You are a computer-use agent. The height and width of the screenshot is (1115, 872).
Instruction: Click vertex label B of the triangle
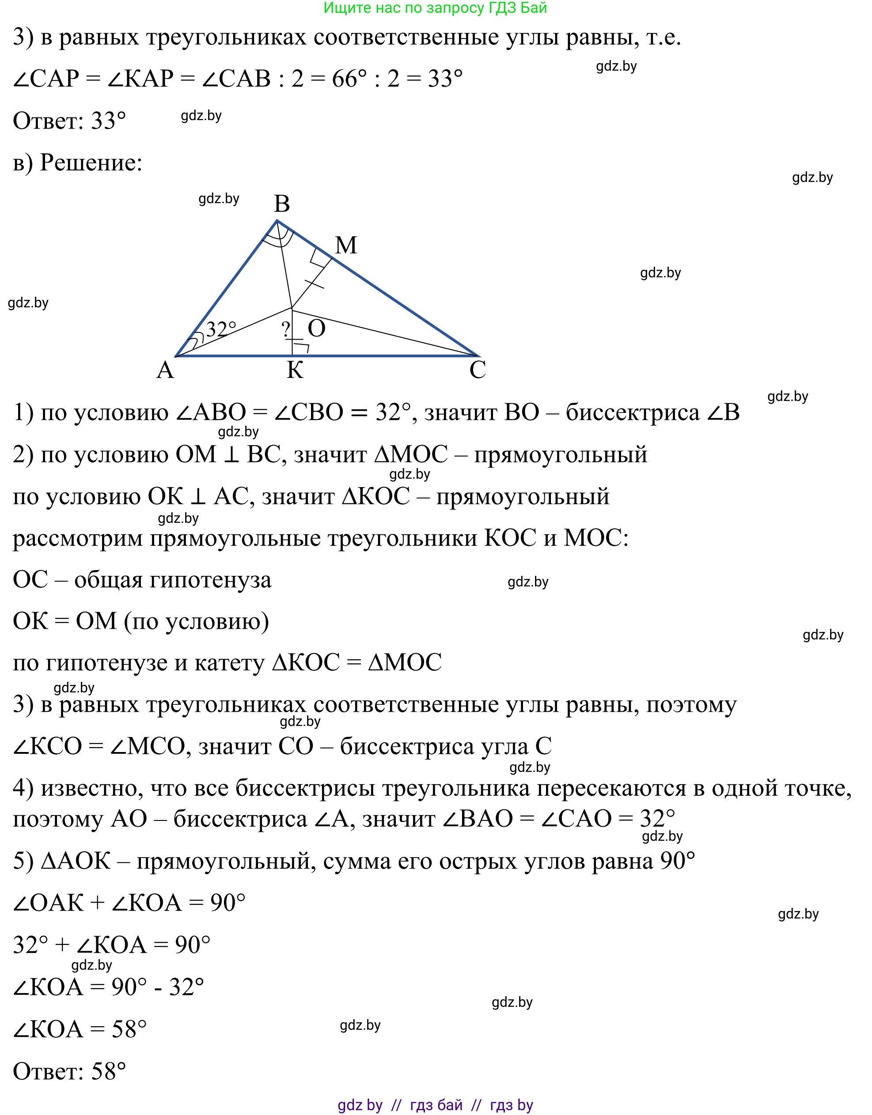pyautogui.click(x=282, y=204)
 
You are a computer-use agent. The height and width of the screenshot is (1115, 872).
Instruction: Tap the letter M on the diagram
pyautogui.click(x=346, y=246)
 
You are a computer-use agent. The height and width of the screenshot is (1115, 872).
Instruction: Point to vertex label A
pyautogui.click(x=165, y=370)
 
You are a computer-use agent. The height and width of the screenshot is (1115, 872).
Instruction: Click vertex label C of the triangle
pyautogui.click(x=478, y=370)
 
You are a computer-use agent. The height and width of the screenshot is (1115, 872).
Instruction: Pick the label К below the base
pyautogui.click(x=295, y=370)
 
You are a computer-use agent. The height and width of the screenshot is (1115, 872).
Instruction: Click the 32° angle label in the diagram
pyautogui.click(x=221, y=329)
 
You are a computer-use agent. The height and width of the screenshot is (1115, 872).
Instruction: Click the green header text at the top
pyautogui.click(x=435, y=8)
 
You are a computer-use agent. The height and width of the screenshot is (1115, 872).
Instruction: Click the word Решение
pyautogui.click(x=91, y=163)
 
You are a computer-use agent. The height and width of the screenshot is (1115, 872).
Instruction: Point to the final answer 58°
pyautogui.click(x=108, y=1072)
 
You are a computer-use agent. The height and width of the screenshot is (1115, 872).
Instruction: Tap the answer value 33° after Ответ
pyautogui.click(x=108, y=121)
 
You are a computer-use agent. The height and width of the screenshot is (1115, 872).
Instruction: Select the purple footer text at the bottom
pyautogui.click(x=435, y=1105)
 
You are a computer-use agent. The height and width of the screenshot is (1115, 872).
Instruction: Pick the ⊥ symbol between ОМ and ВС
pyautogui.click(x=231, y=455)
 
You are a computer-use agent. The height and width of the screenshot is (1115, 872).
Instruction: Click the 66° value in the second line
pyautogui.click(x=349, y=79)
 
